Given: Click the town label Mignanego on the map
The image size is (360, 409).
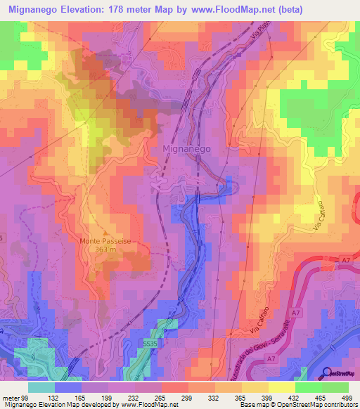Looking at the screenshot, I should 186,150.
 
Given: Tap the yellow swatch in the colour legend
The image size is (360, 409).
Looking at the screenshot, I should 281,387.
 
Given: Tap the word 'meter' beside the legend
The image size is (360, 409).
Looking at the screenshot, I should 10,398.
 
